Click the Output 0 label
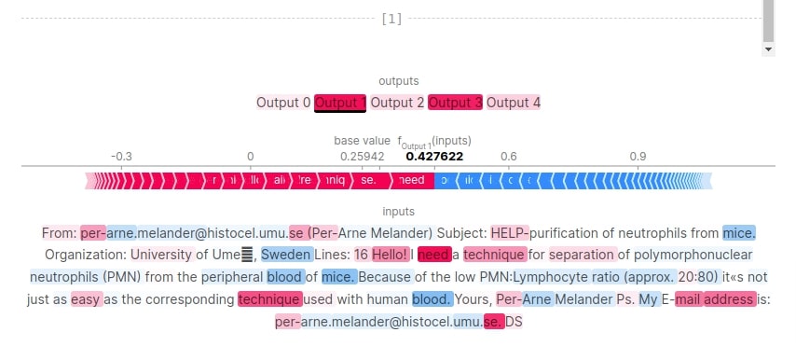[283, 103]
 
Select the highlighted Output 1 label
[340, 103]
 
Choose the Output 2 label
[397, 103]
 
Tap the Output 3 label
[455, 103]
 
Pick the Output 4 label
[513, 103]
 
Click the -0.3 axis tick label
[120, 157]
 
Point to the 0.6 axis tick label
[509, 157]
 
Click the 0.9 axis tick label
[638, 157]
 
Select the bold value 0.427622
[434, 157]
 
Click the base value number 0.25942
[362, 157]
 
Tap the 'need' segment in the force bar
[411, 180]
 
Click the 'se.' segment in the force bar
[368, 180]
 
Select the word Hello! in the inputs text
[390, 254]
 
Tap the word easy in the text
[86, 299]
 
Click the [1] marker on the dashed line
[391, 19]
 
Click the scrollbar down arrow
[768, 48]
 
